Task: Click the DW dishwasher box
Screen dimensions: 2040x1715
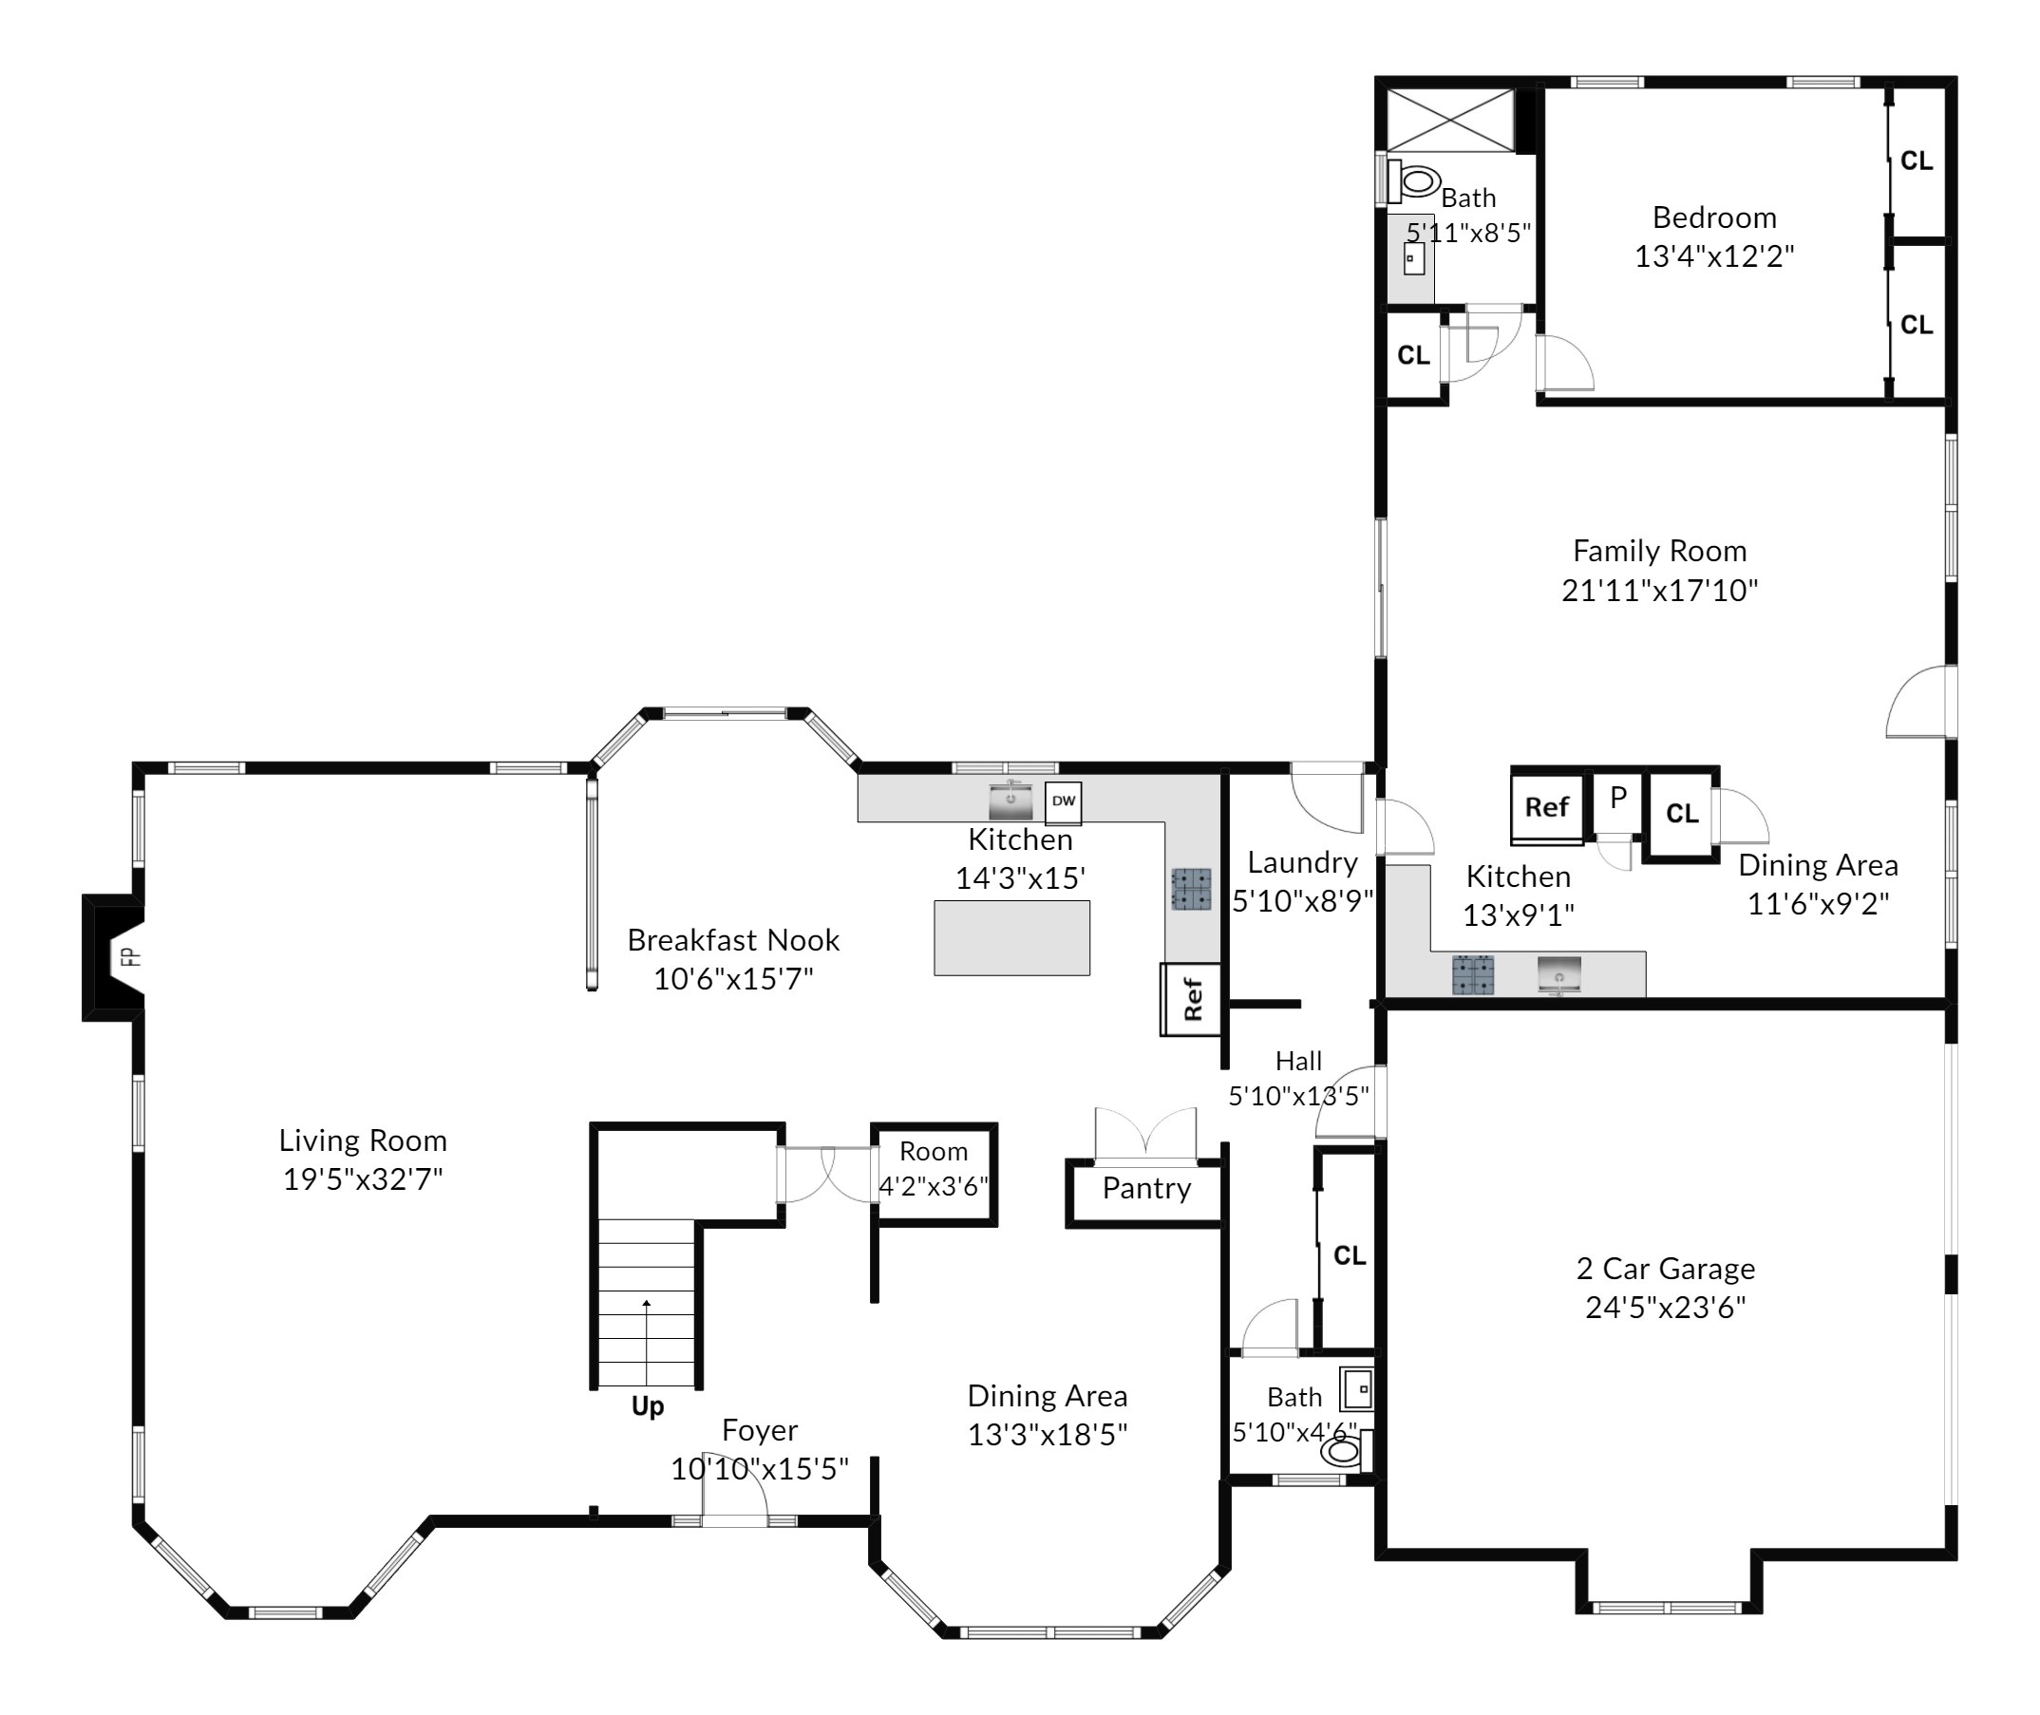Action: coord(1063,802)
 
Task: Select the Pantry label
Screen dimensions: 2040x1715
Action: coord(1146,1188)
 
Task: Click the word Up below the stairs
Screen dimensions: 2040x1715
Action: coord(648,1405)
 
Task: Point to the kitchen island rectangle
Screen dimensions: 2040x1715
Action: coord(1011,937)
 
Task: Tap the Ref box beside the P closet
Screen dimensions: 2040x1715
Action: coord(1547,807)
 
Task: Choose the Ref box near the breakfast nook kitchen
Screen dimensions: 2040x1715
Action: coord(1191,998)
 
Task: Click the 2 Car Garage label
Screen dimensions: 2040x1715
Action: coord(1666,1268)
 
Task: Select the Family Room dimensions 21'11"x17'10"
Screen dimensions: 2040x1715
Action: coord(1660,590)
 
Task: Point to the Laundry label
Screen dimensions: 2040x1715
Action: coord(1302,862)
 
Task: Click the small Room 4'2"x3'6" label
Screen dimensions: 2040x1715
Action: coord(934,1169)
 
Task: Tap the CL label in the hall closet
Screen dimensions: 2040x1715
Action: coord(1350,1256)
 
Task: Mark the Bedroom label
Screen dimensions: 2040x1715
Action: coord(1714,217)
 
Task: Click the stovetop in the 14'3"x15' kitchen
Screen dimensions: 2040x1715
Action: coord(1191,889)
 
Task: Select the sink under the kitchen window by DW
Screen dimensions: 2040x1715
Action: coord(1011,801)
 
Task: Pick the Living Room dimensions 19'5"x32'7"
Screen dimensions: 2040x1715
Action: coord(363,1179)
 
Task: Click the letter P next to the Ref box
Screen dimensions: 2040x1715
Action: coord(1618,798)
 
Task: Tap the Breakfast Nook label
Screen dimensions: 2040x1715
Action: coord(733,940)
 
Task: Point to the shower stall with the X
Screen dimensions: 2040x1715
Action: coord(1450,121)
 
